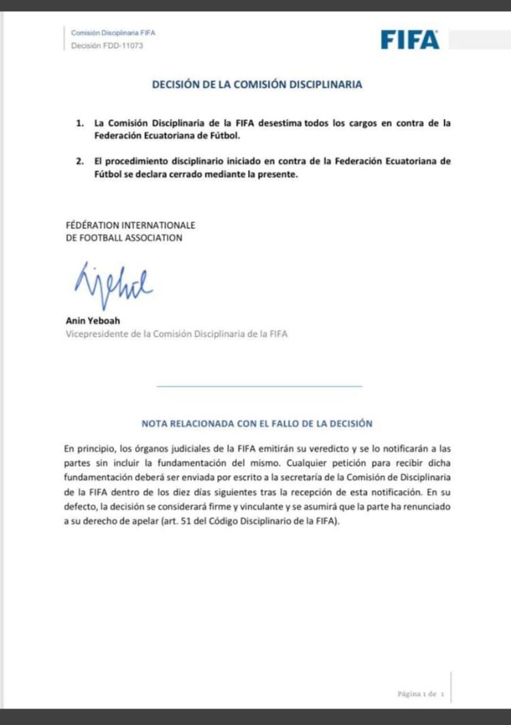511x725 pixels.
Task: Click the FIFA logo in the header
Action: (409, 40)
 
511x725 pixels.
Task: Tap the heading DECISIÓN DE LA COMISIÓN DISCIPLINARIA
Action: (257, 85)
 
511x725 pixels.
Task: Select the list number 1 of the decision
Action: (80, 123)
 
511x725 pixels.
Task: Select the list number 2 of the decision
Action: (80, 161)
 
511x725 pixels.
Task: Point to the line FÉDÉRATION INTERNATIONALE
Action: (130, 225)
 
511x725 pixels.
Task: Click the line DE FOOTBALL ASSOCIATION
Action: (124, 238)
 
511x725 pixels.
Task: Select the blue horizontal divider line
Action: (259, 386)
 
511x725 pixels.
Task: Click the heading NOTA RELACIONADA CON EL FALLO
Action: (257, 423)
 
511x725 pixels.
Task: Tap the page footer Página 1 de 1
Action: (420, 694)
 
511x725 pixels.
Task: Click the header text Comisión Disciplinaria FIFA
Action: (114, 33)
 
